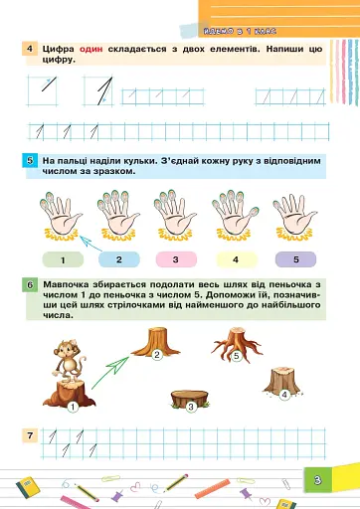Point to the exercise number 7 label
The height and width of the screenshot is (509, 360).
click(x=31, y=435)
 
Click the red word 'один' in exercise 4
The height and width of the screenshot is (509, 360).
click(x=92, y=49)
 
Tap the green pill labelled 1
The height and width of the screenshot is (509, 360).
click(x=63, y=259)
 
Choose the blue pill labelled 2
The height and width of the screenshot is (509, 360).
click(x=119, y=259)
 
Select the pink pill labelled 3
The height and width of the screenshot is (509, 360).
click(x=176, y=259)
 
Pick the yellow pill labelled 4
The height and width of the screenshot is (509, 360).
click(x=236, y=259)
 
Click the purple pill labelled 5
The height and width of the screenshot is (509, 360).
click(x=294, y=259)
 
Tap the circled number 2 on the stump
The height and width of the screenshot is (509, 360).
click(x=157, y=355)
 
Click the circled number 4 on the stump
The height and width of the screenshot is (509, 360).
click(x=284, y=395)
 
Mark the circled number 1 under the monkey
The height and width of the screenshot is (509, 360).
click(x=73, y=407)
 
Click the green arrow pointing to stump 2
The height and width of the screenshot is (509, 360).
click(x=114, y=364)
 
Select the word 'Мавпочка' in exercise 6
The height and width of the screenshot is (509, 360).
click(x=67, y=285)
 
